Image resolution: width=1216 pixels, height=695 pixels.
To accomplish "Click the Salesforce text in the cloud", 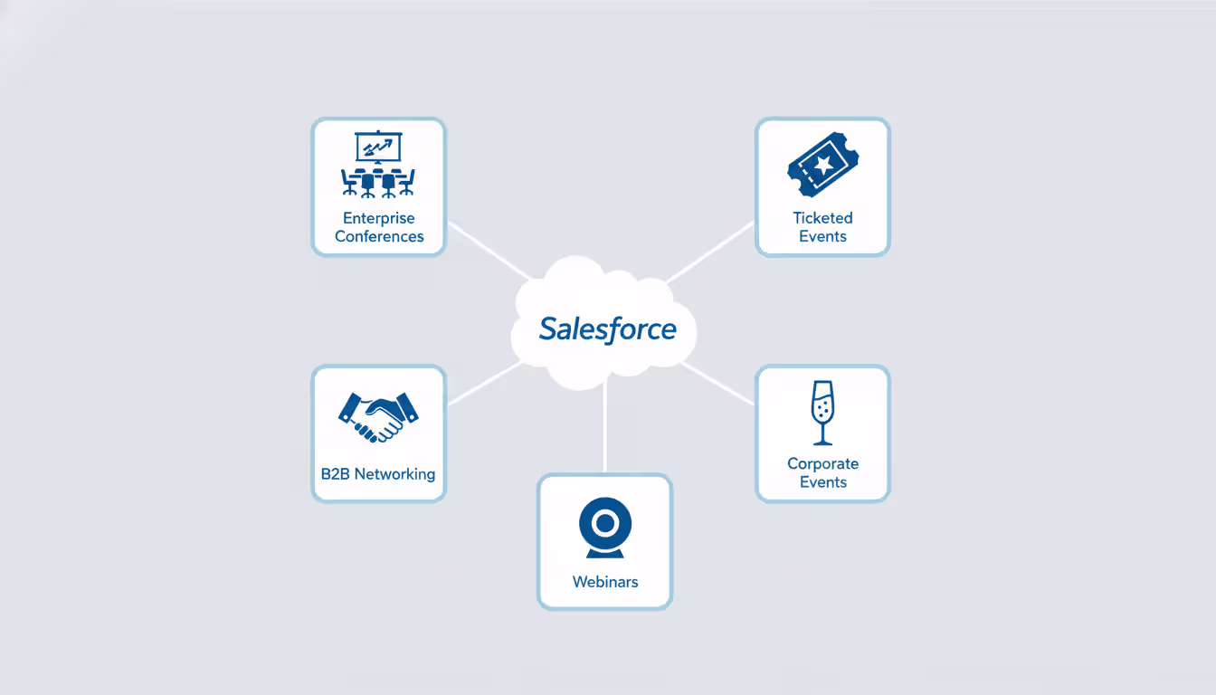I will [607, 328].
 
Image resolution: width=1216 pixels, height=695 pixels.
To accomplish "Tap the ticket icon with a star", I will [822, 164].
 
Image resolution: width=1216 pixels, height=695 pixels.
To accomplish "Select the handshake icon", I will [378, 416].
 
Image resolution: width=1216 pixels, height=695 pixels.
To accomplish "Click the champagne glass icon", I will [822, 413].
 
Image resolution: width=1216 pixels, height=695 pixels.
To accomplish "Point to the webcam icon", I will [605, 528].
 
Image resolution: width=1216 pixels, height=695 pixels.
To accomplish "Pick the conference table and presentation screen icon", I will [378, 165].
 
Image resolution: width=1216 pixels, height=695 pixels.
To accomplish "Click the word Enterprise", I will [379, 218].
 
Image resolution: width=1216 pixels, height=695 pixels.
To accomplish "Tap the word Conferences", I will [379, 237].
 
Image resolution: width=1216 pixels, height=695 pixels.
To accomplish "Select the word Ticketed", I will [822, 218].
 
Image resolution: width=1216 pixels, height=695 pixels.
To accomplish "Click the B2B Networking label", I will [378, 474].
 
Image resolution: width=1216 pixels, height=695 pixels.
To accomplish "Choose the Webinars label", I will [605, 582].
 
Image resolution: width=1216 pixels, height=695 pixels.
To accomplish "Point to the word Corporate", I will [822, 464].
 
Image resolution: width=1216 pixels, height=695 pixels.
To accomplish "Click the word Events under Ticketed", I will [822, 237].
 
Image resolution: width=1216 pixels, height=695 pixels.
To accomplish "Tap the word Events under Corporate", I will [822, 482].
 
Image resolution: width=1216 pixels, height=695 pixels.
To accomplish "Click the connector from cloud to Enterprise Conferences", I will [489, 252].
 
